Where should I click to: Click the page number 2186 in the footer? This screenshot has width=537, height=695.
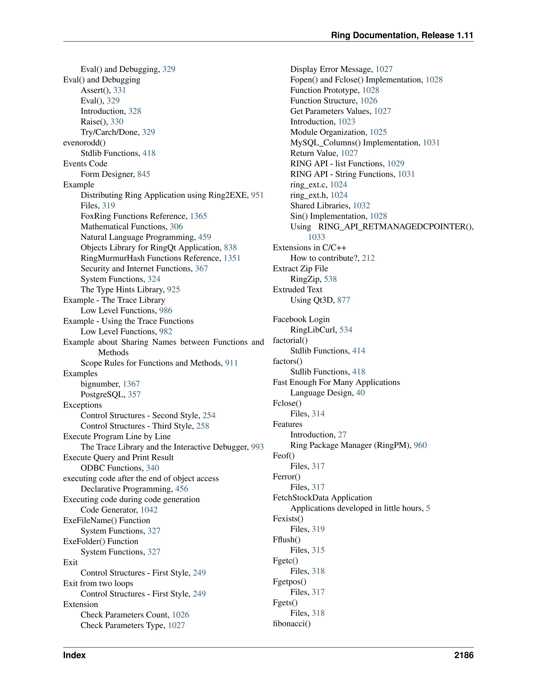(464, 655)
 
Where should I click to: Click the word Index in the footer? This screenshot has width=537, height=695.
(74, 655)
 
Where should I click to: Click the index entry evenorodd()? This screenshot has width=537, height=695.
(84, 143)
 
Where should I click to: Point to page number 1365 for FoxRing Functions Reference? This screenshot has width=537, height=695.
(198, 216)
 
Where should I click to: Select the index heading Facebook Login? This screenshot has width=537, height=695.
(301, 319)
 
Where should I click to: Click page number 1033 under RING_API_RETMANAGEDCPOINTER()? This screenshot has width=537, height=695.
(316, 237)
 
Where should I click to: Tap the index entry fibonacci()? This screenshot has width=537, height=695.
(291, 623)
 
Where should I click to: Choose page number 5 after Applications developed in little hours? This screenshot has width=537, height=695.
(428, 508)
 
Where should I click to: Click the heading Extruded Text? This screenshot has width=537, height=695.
(297, 290)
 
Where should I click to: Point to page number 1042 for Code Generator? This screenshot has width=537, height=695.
(149, 510)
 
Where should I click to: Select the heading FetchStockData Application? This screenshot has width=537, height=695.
(322, 498)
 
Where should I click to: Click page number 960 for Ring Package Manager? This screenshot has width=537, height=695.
(420, 445)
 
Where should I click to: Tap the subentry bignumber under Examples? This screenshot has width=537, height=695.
(100, 384)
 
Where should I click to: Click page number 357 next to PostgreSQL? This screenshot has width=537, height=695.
(134, 395)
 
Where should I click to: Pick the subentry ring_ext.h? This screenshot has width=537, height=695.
(309, 195)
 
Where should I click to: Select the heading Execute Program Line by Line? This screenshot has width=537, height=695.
(117, 436)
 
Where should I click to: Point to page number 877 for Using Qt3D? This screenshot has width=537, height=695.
(343, 300)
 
